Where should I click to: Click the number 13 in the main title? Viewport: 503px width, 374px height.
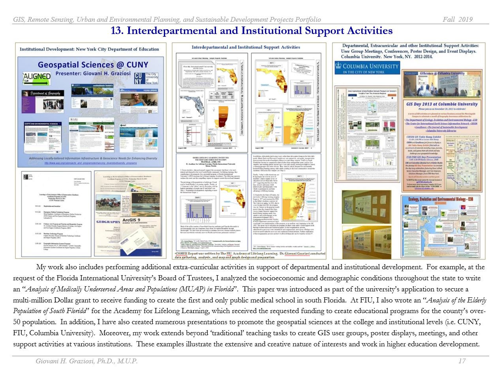tap(117, 31)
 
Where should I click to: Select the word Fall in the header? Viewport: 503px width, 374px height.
tap(449, 20)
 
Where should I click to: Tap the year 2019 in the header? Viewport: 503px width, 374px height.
tap(465, 20)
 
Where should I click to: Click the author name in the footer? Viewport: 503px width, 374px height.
tap(86, 361)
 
